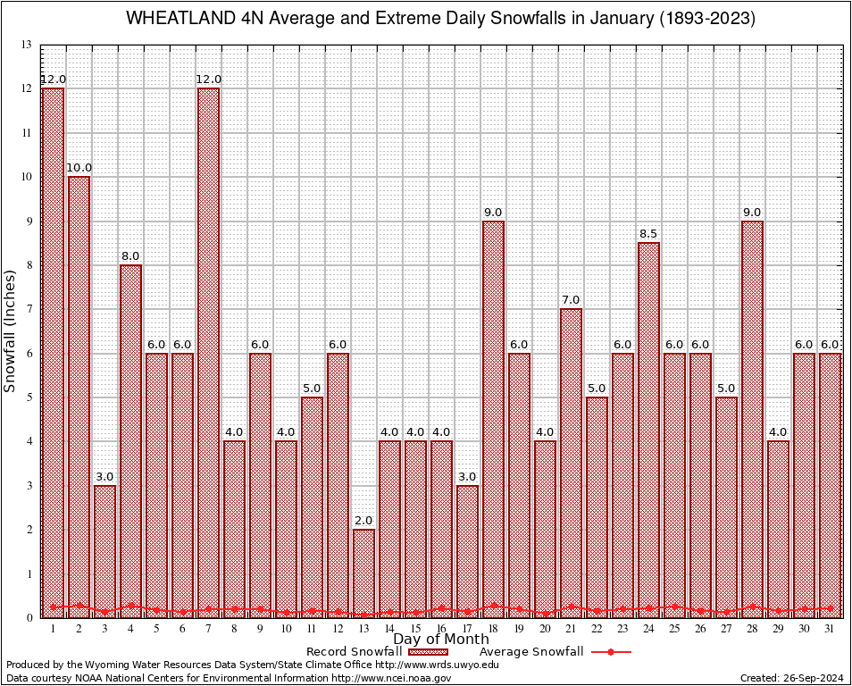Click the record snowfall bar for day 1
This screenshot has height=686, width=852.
[x=53, y=353]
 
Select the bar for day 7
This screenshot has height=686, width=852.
[x=208, y=353]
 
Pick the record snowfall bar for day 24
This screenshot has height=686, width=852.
[x=649, y=430]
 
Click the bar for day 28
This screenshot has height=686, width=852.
[x=753, y=419]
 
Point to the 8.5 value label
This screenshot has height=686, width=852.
[x=649, y=234]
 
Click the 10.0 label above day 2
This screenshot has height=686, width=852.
[x=79, y=168]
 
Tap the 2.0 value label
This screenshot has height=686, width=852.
[x=363, y=521]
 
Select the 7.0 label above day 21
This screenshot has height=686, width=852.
[x=571, y=300]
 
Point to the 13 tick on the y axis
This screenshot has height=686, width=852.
[x=27, y=45]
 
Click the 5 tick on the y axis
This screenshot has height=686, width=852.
[x=29, y=397]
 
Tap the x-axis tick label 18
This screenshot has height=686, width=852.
[x=493, y=629]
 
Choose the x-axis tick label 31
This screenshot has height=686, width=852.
[x=831, y=629]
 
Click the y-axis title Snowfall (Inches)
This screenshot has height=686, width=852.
[x=11, y=331]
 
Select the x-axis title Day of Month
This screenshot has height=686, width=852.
[x=441, y=640]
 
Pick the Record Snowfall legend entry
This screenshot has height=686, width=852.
[x=357, y=652]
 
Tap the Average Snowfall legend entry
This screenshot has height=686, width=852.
[x=530, y=652]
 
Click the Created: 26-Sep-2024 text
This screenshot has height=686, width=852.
[x=791, y=678]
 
